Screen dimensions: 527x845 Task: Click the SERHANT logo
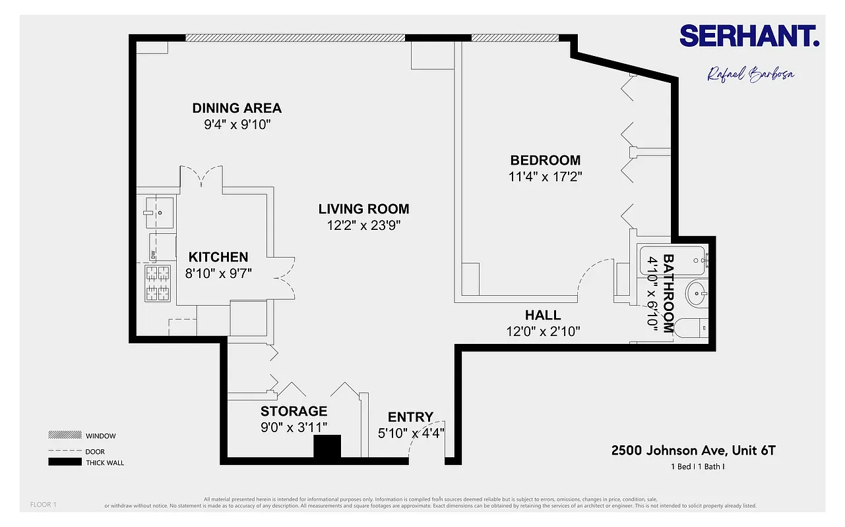[749, 36]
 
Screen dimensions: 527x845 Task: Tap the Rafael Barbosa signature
[751, 74]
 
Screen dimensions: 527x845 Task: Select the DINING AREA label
[237, 108]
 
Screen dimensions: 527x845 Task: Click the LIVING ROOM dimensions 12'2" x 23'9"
[363, 225]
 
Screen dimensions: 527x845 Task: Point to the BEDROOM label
[545, 160]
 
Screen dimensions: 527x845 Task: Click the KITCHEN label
[218, 258]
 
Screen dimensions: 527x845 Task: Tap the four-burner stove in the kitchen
[156, 283]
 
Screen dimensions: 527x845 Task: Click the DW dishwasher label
[153, 254]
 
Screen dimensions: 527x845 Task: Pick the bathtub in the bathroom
[672, 260]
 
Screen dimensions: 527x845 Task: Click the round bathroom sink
[697, 294]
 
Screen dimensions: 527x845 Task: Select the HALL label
[543, 315]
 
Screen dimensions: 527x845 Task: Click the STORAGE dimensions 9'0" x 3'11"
[294, 428]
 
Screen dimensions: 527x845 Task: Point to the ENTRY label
[410, 417]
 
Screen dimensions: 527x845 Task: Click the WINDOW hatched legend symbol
[65, 435]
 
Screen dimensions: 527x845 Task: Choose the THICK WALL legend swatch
[65, 462]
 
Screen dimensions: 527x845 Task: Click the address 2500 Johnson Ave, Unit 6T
[693, 451]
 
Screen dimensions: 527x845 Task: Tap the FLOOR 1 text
[44, 505]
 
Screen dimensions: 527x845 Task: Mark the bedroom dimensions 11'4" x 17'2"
[545, 177]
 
